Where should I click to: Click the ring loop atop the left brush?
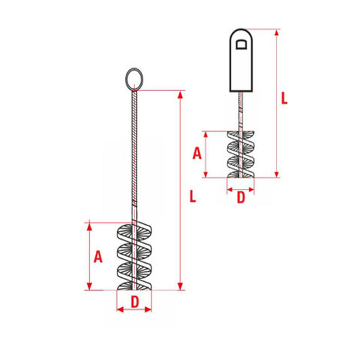[134, 78]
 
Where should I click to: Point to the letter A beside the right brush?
[197, 153]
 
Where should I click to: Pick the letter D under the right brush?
[240, 198]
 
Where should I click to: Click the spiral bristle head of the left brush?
[134, 255]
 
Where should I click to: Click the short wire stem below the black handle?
[240, 109]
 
